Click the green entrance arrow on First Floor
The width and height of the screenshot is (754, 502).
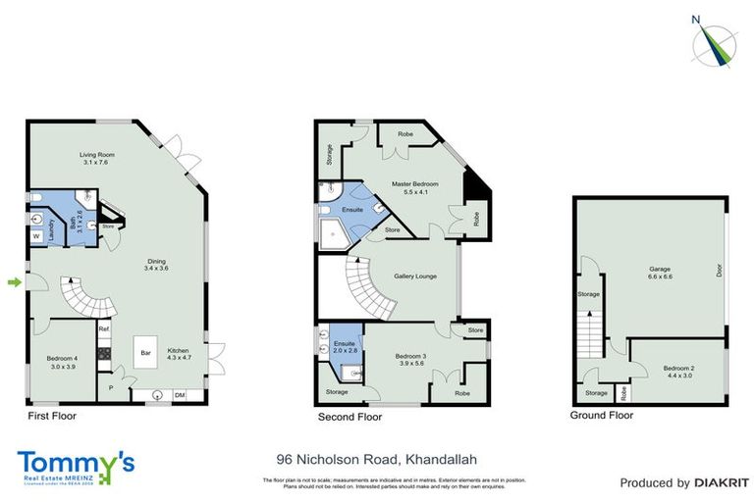coord(14,283)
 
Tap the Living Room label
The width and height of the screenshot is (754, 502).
coord(98,159)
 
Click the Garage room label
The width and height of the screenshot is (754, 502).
coord(659,273)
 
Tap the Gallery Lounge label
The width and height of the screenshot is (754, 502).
coord(414,276)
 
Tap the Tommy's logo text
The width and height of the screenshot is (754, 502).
coord(75,461)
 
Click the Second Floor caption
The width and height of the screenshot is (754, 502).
coord(349,416)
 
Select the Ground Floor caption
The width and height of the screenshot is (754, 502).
coord(602,415)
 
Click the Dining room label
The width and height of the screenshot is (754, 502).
coord(157,264)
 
